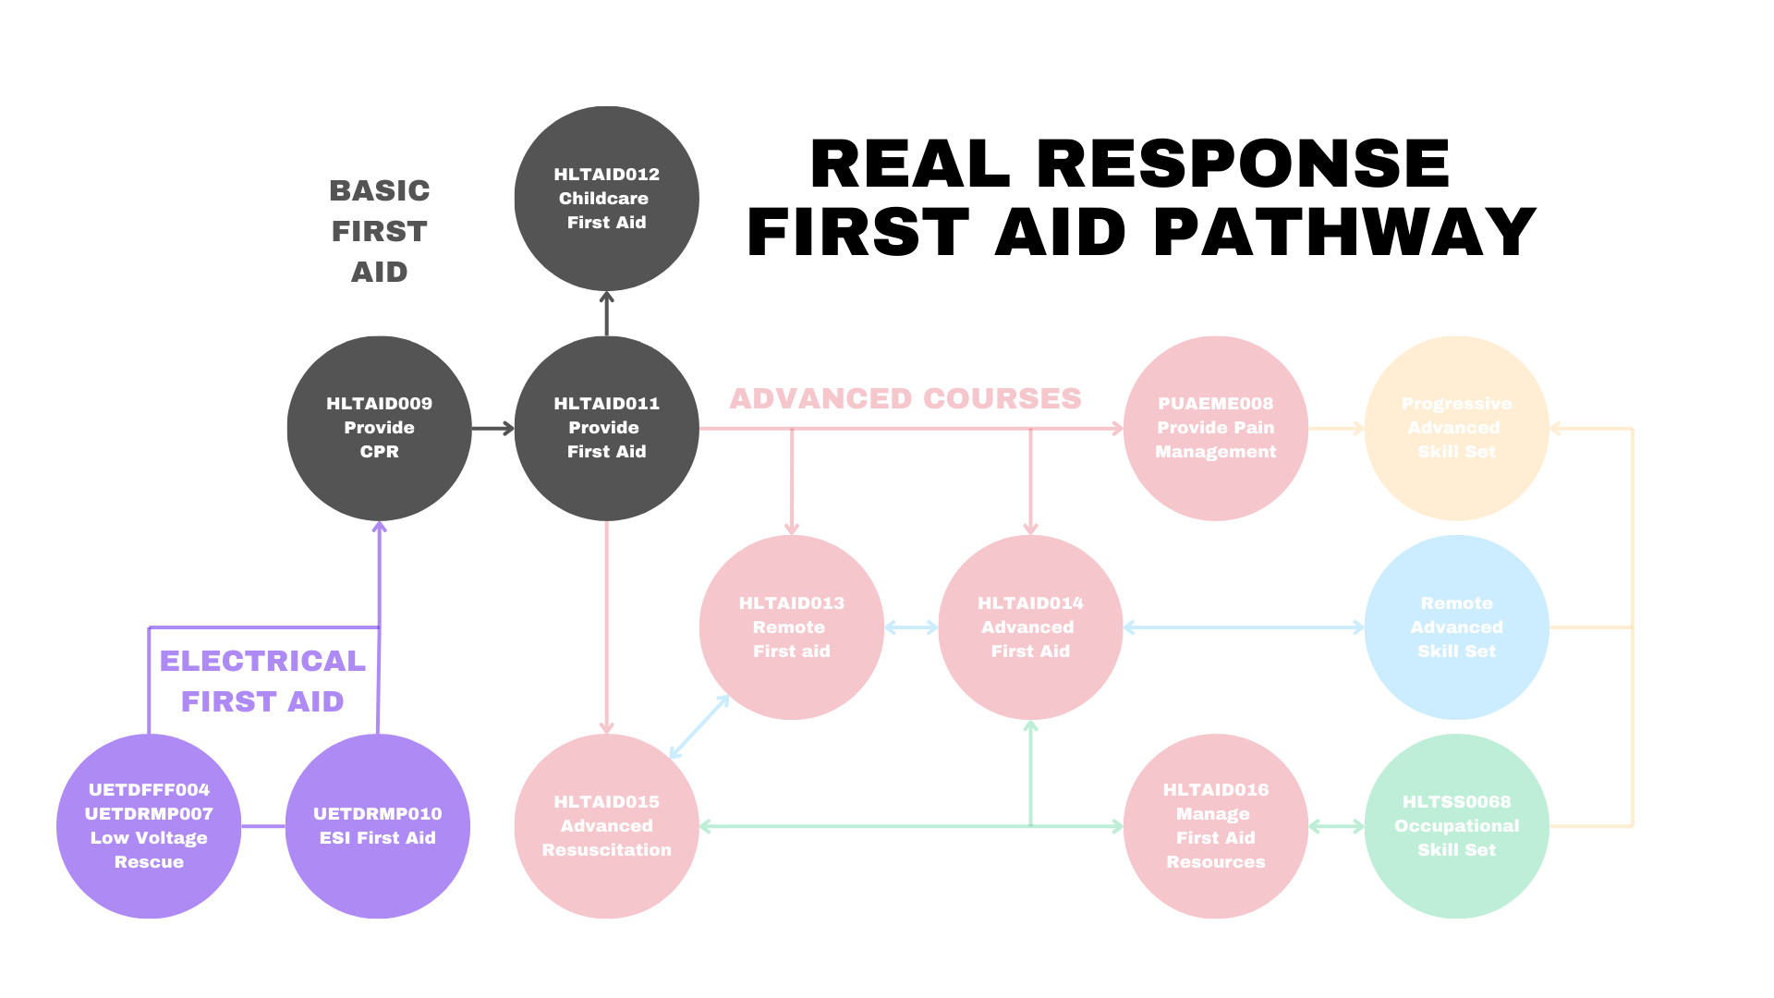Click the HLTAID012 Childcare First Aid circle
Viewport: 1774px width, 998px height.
pos(606,198)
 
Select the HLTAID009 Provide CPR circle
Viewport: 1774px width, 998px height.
pos(379,428)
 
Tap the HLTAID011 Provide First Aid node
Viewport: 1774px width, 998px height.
pos(606,428)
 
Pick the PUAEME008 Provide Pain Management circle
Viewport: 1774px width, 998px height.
pos(1215,428)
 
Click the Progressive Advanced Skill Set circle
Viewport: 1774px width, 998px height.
pos(1456,428)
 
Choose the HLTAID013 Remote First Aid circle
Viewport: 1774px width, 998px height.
pos(791,627)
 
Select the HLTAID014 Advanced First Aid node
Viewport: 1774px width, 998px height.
pos(1030,627)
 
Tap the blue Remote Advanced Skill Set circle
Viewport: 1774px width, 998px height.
pos(1456,627)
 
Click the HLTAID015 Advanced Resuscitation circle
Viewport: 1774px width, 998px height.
pos(606,825)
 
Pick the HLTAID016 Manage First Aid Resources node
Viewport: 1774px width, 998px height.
pos(1215,825)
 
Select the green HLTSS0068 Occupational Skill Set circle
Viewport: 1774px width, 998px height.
pos(1456,825)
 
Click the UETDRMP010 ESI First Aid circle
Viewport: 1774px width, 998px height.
pos(377,825)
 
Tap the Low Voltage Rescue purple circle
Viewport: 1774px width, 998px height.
pos(149,825)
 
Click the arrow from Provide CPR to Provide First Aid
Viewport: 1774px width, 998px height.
pos(492,428)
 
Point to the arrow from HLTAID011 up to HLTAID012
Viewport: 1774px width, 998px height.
pos(606,313)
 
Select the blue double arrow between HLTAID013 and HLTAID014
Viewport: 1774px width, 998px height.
pos(911,627)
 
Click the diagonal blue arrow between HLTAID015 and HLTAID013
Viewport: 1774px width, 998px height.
pos(699,726)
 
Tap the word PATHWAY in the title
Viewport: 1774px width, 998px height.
pos(1344,232)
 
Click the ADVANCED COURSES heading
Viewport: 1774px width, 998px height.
pos(905,398)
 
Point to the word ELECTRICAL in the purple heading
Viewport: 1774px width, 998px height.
pos(262,661)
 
